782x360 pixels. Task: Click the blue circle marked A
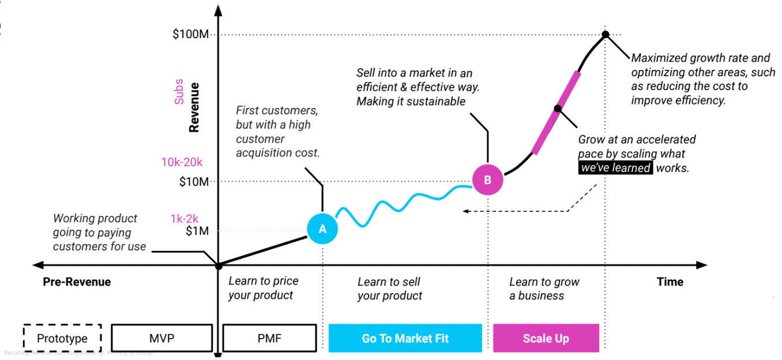coord(322,228)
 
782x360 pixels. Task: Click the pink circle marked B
coord(487,179)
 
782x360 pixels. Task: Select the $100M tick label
coord(190,35)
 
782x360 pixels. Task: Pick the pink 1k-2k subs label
coord(185,218)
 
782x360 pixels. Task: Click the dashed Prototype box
coord(62,338)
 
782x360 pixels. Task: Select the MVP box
coord(161,338)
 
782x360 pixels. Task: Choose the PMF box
coord(269,338)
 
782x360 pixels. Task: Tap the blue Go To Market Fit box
coord(405,338)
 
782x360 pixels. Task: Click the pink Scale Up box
coord(546,338)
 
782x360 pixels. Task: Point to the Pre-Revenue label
coord(77,282)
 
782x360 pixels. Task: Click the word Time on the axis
coord(670,282)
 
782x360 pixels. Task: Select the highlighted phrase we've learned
coord(616,168)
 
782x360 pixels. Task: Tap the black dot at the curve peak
coord(605,35)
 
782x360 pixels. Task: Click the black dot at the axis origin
coord(218,265)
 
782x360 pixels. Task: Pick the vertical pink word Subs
coord(179,92)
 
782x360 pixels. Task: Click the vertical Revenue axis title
coord(194,108)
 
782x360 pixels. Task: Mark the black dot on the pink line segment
coord(557,108)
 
